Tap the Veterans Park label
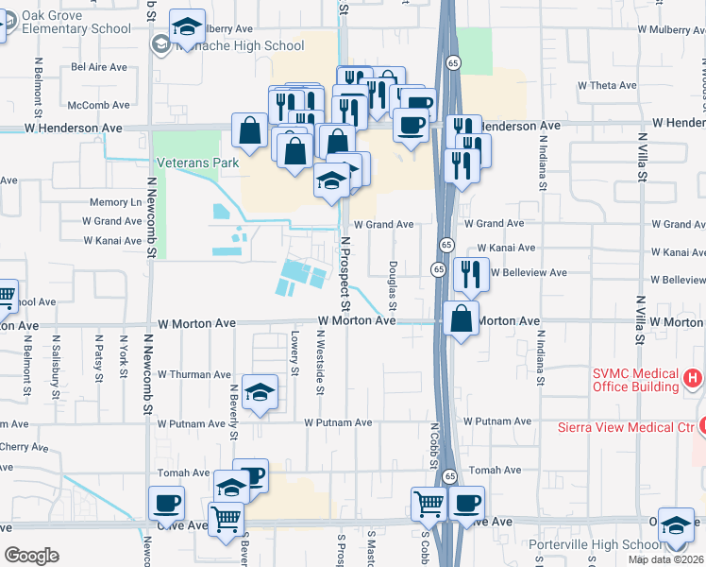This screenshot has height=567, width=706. [197, 163]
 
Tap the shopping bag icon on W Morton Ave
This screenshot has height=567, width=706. [460, 318]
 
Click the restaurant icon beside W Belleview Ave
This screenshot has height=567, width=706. [470, 274]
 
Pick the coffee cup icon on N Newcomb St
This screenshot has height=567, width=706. [166, 503]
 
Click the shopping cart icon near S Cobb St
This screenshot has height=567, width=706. [429, 504]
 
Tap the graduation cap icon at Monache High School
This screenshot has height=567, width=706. [187, 26]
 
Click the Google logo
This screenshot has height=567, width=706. [31, 556]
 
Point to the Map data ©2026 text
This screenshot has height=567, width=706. [664, 559]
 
